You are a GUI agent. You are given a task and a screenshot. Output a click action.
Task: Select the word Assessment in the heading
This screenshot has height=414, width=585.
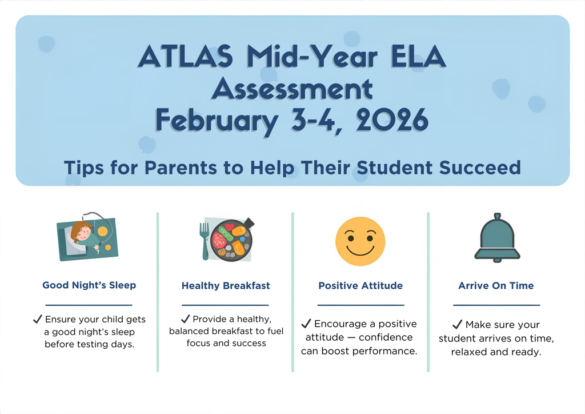292,90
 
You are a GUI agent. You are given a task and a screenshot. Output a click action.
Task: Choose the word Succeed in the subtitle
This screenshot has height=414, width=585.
480,168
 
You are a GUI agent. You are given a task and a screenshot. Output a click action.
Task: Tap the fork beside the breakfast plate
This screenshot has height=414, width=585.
204,241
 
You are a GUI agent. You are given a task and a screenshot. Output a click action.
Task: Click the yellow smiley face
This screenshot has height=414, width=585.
360,241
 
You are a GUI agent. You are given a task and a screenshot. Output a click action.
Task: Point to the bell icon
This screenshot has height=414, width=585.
496,237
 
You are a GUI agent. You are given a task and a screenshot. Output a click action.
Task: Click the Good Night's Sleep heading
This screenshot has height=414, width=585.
89,285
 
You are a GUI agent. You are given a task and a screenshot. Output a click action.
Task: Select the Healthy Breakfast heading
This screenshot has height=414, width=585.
226,285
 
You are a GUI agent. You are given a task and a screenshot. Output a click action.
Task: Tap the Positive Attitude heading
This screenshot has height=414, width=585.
360,285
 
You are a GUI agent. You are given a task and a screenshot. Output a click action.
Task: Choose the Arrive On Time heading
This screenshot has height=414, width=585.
496,285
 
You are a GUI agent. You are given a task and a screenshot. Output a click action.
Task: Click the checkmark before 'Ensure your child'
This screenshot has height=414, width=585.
38,319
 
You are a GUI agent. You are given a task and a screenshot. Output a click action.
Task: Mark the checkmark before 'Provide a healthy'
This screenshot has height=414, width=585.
186,319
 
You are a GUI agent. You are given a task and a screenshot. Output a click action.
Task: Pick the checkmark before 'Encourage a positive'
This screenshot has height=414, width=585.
307,324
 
